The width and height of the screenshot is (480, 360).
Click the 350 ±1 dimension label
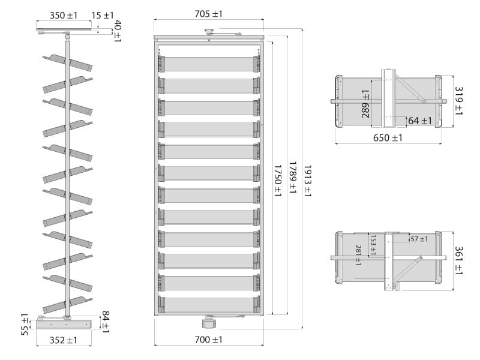(x=64, y=15)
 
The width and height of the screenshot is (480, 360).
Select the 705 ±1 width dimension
(x=208, y=13)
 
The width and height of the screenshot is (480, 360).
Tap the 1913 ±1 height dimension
(x=307, y=181)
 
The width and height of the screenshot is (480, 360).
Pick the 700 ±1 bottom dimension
(x=208, y=340)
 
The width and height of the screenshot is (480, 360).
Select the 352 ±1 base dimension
(x=64, y=340)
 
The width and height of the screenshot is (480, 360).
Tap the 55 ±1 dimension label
(x=25, y=324)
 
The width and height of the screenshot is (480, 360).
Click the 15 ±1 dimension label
(x=103, y=15)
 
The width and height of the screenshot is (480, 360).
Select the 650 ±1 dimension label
(x=388, y=138)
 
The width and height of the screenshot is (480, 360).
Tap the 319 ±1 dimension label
(x=458, y=101)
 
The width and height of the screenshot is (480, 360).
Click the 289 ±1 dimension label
(x=365, y=103)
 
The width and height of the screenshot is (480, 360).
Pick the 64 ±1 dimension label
(x=419, y=121)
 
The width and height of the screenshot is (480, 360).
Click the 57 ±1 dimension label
(x=419, y=239)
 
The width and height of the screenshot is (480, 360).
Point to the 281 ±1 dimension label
(x=359, y=255)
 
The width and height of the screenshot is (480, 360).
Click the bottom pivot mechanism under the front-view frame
(x=208, y=322)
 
